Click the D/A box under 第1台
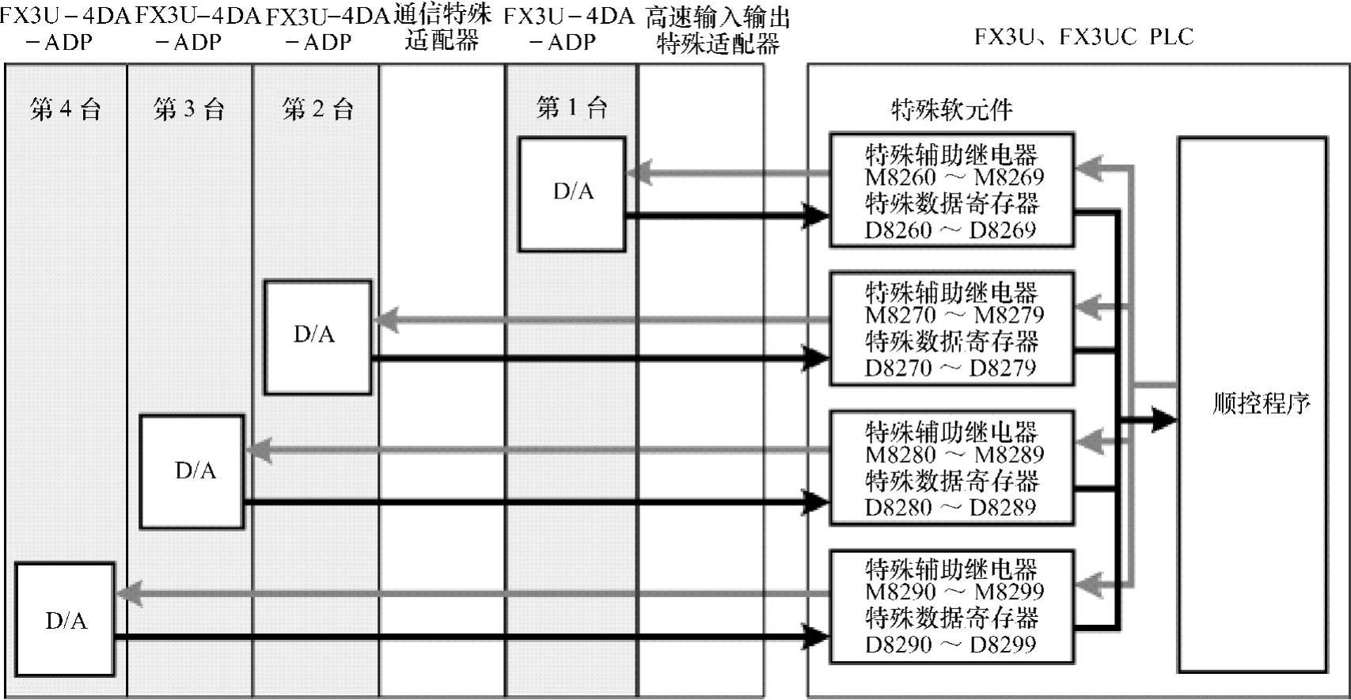pos(572,194)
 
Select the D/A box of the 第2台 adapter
pos(317,337)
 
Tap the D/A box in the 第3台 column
pos(192,471)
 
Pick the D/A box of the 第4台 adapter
pos(65,619)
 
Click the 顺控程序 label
pos(1261,404)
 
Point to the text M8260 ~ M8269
pos(954,177)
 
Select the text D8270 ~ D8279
pos(950,368)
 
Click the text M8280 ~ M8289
pos(954,455)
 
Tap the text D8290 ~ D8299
pos(950,645)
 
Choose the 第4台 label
pos(66,109)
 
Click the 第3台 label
pos(189,109)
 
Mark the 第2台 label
pos(317,109)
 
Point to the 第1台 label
pos(571,108)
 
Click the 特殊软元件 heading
pos(951,109)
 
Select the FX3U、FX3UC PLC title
pos(1083,37)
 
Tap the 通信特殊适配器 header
pos(442,28)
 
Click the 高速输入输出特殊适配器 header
pos(717,30)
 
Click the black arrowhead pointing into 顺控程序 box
pos(1163,420)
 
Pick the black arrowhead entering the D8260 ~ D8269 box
pos(815,215)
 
